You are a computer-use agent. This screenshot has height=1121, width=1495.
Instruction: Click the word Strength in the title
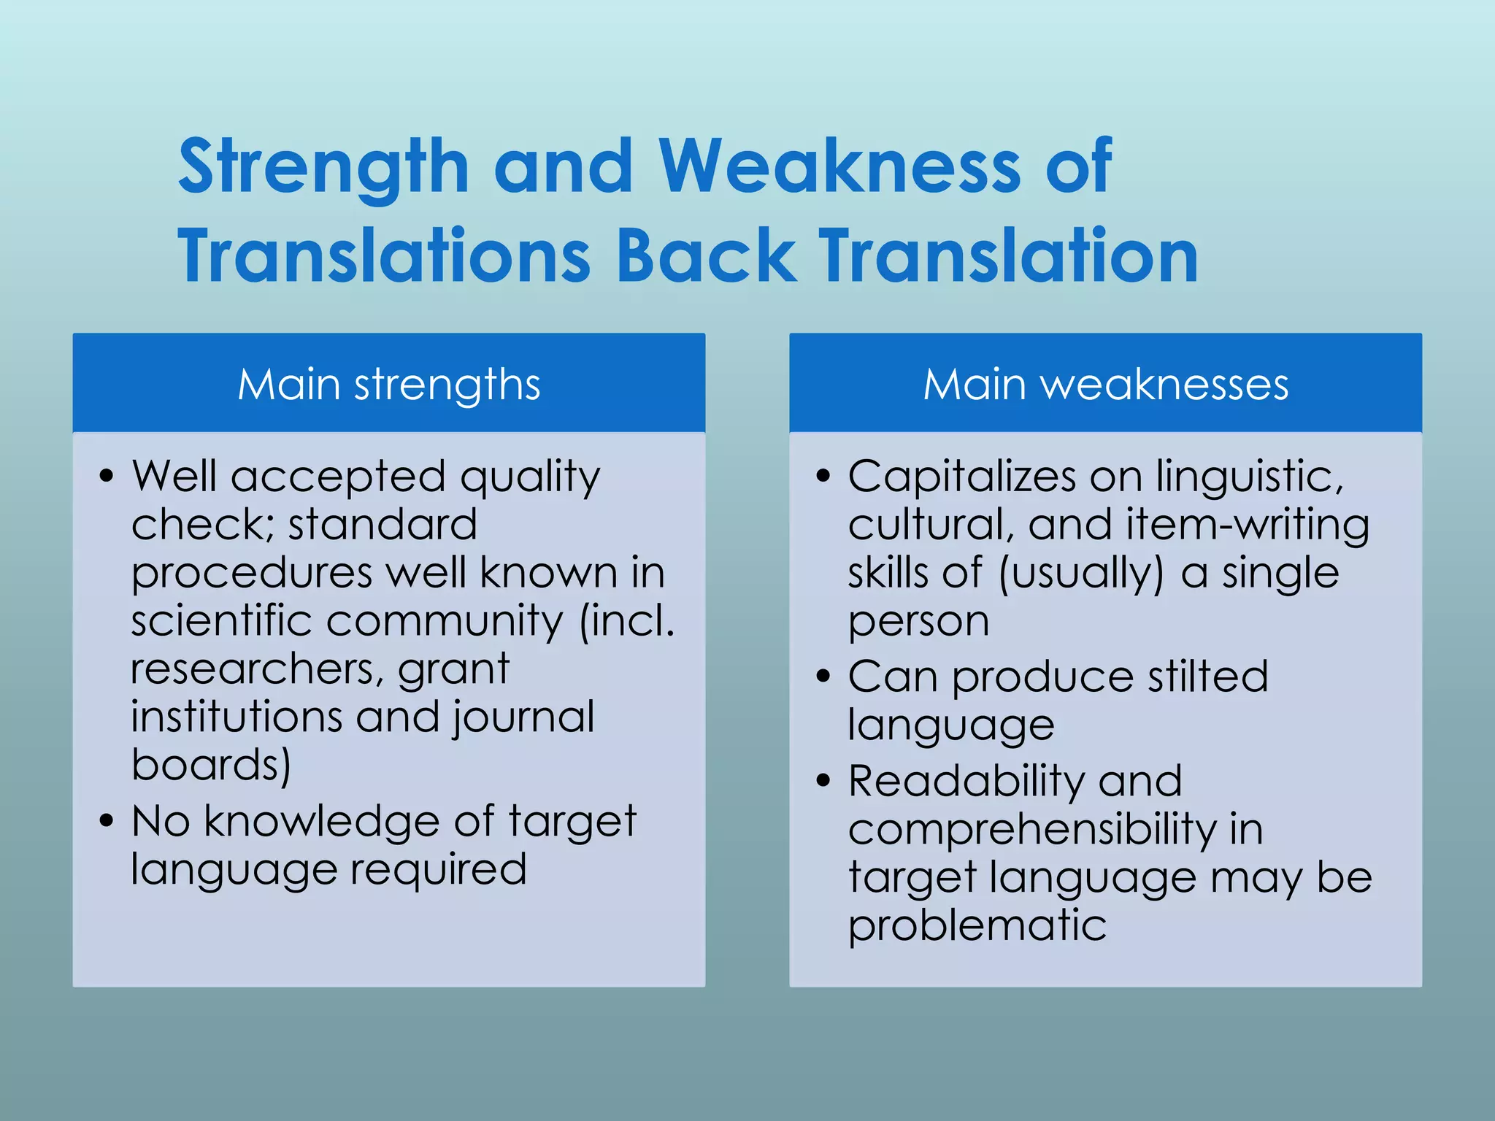click(323, 168)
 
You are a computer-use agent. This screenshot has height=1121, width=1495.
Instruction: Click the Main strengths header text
click(388, 385)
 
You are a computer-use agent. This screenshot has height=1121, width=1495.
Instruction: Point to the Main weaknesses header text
click(1105, 385)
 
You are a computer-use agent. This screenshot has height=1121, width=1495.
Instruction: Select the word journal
click(523, 717)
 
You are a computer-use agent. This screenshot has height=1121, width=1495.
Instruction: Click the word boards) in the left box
click(211, 765)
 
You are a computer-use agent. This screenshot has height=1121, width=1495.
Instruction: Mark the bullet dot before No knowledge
click(107, 820)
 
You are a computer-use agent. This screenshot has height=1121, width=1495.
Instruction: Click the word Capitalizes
click(961, 477)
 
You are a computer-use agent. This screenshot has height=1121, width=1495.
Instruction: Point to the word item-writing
click(1248, 525)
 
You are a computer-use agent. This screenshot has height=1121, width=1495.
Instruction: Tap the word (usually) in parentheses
click(1080, 574)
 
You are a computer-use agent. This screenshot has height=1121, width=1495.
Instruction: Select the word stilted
click(1207, 677)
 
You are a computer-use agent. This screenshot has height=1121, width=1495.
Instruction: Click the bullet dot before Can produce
click(824, 676)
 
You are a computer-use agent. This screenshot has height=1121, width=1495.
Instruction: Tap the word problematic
click(977, 925)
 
